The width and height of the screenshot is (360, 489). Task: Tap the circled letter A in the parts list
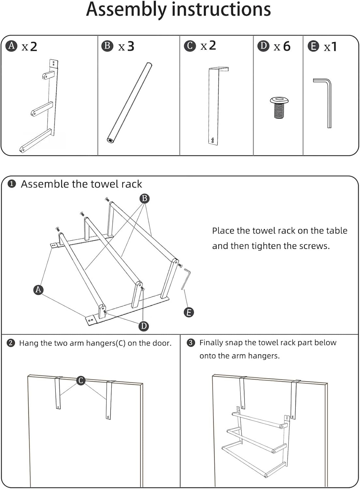(12, 46)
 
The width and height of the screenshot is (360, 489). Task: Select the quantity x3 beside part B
(126, 47)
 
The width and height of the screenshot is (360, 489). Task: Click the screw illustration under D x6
(280, 107)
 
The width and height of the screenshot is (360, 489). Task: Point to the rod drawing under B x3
(130, 102)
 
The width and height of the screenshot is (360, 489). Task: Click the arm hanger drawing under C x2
(215, 106)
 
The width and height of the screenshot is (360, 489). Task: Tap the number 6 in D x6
(287, 47)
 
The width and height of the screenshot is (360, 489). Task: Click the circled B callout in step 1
(144, 198)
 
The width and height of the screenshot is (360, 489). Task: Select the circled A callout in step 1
(38, 289)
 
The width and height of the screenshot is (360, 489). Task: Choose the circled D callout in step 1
(143, 326)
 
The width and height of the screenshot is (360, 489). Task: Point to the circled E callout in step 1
(188, 312)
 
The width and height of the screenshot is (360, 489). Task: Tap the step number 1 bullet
(12, 184)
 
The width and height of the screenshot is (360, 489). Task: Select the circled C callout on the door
(81, 380)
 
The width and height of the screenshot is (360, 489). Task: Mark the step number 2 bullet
(11, 343)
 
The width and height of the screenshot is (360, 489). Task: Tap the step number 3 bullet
(191, 343)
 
